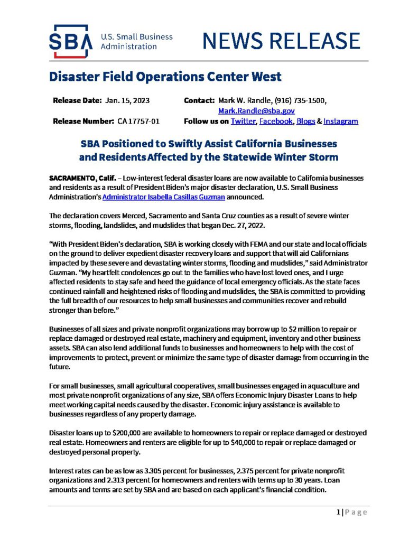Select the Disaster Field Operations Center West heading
(x=165, y=77)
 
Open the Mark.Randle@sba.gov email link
(x=256, y=111)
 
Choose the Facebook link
(x=276, y=121)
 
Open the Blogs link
(x=305, y=121)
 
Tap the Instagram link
(x=340, y=121)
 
